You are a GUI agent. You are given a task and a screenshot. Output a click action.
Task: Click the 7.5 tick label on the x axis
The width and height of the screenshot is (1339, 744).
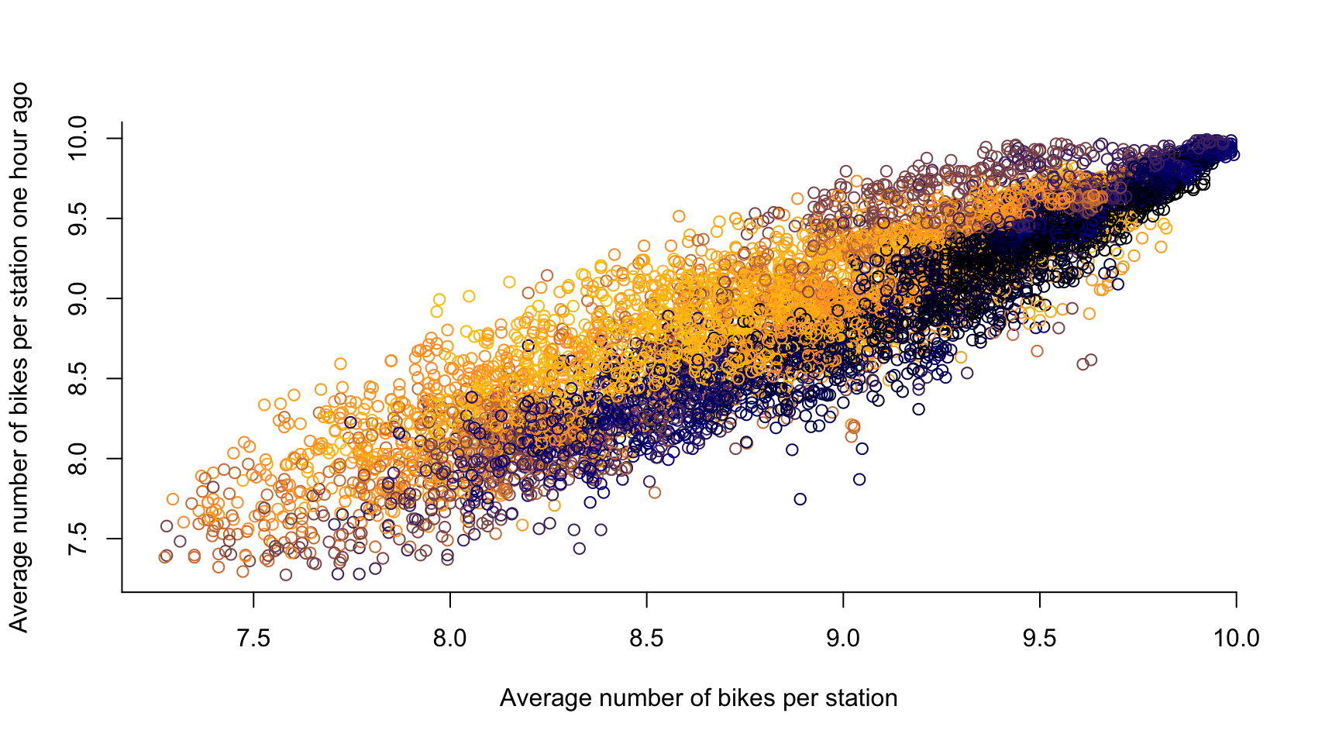coord(253,639)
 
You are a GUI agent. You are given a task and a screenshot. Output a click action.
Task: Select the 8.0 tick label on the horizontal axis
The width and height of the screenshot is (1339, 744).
coord(450,639)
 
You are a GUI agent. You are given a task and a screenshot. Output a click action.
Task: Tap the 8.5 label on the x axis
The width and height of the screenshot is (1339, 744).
coord(646,639)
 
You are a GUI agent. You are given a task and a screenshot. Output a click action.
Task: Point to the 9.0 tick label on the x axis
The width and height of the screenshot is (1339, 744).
coord(843,639)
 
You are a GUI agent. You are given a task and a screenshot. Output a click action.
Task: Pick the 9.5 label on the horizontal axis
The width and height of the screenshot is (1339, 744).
coord(1040,639)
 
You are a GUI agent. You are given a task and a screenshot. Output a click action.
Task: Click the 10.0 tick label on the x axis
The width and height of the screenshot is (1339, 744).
coord(1236,639)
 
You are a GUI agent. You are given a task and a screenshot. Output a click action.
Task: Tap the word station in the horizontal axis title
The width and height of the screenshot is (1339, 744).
coord(861,698)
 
